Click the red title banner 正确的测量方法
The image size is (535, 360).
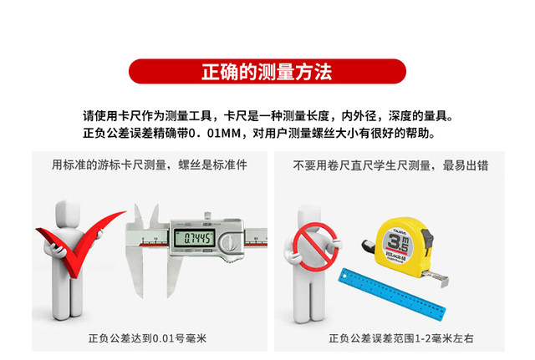[267, 71]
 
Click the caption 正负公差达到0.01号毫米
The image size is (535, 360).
[135, 339]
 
